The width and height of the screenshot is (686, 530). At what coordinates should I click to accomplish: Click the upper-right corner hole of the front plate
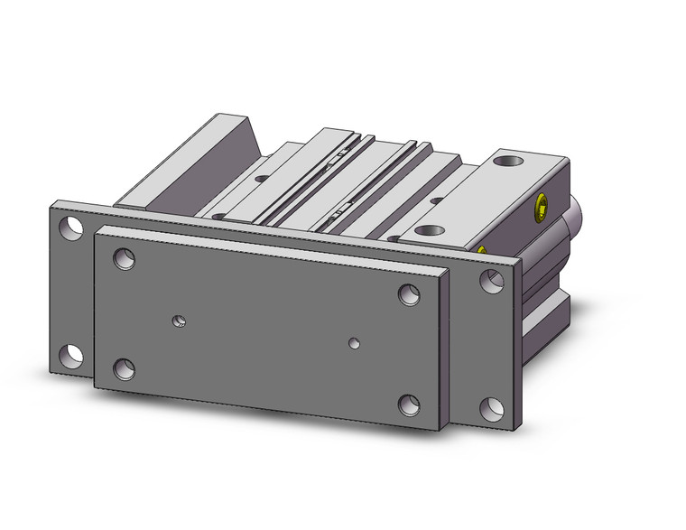click(x=409, y=295)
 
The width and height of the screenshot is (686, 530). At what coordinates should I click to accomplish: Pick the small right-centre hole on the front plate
click(x=355, y=342)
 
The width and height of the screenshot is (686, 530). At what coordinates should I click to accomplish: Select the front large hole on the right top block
click(x=433, y=231)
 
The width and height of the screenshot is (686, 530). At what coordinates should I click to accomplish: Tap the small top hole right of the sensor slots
click(x=436, y=200)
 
